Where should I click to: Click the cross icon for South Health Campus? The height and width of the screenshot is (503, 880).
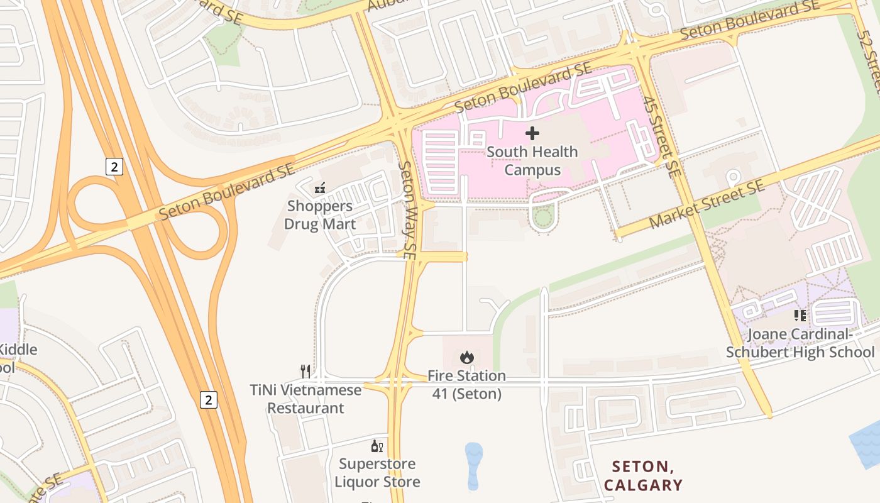coord(532,133)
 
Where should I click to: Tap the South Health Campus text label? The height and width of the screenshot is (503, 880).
coord(532,161)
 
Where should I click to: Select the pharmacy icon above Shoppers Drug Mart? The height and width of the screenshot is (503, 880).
coord(320,187)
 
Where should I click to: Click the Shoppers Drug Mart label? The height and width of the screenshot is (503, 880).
coord(320,215)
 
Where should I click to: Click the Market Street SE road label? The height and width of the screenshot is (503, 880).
coord(707,204)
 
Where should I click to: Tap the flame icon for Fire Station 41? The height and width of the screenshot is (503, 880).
coord(466,358)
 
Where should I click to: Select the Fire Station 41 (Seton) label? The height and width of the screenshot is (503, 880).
coord(466,385)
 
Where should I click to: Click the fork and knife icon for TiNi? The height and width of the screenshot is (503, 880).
coord(305,372)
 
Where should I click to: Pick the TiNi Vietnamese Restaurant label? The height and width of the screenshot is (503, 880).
coord(306,399)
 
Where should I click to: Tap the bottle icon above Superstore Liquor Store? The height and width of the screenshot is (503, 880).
coord(377,446)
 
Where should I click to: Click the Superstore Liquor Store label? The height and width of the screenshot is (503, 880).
coord(377,473)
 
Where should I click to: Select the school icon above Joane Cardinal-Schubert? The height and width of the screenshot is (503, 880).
coord(800,316)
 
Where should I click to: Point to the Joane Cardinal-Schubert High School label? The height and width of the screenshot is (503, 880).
coord(800,343)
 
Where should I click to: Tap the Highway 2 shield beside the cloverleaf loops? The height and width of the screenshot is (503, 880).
coord(114,167)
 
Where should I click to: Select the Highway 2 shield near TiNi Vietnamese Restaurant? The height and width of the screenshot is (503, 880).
coord(209,399)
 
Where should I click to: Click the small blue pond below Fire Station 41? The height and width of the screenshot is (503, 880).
coord(474,464)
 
